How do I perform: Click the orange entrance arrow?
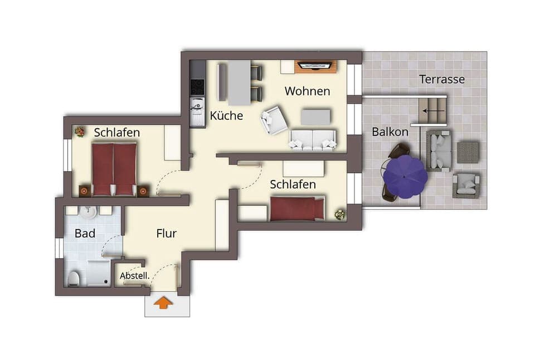163,303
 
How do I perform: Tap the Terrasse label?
442,79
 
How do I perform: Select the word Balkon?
390,132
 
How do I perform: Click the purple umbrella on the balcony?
405,176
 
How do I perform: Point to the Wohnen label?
307,91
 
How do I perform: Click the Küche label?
226,116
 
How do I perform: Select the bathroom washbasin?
89,212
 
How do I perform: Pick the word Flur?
166,233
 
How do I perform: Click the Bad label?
85,233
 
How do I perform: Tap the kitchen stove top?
197,87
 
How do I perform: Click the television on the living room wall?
315,66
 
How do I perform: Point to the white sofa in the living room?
313,140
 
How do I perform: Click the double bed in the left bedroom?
114,169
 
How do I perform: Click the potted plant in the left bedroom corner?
80,132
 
